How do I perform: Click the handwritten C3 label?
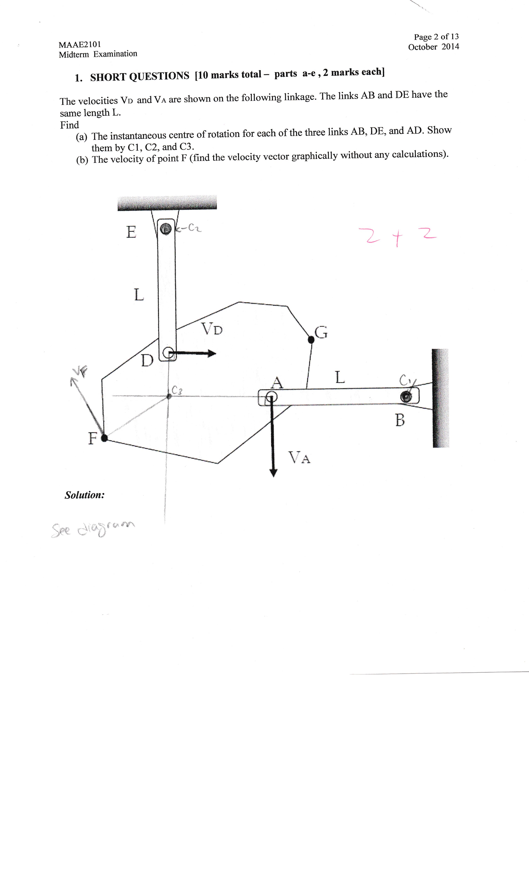click(x=177, y=390)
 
